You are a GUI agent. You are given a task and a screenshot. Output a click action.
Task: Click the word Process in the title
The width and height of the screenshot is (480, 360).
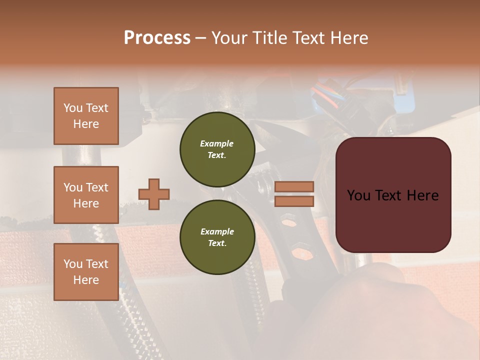coord(157,38)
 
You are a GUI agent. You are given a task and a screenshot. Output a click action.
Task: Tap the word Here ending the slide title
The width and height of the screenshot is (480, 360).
coord(349,38)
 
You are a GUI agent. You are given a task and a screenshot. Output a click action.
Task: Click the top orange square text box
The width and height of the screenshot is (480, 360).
coord(86,116)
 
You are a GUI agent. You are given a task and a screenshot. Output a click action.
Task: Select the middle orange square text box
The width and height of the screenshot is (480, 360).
coord(86,195)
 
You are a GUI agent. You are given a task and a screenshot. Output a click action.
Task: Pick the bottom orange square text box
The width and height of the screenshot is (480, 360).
coord(86,272)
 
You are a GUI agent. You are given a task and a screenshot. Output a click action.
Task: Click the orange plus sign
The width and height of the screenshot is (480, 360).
coord(154,194)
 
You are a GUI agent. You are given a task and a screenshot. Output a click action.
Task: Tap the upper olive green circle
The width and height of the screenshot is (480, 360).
coord(217,149)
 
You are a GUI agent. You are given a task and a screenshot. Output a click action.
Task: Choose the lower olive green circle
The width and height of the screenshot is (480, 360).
coord(217,237)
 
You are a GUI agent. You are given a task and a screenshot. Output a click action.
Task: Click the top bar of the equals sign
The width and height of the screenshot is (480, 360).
coord(294,186)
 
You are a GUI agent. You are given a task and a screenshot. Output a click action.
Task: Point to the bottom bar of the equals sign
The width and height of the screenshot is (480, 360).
coord(294,201)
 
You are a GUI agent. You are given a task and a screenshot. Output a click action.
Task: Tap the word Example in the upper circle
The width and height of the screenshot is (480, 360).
coord(216,143)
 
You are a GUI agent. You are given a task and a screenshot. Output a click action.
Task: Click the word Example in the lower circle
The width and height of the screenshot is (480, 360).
coord(217,231)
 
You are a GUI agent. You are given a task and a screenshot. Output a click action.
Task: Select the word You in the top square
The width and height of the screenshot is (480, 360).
coord(73,108)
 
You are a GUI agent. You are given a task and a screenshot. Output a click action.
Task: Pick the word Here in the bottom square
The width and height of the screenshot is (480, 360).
coord(86,280)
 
